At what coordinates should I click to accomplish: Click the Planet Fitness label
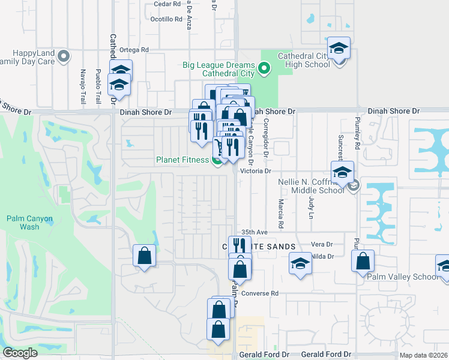click(x=182, y=160)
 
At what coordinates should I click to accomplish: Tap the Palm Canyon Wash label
click(x=29, y=223)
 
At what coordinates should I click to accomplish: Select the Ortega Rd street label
click(x=133, y=50)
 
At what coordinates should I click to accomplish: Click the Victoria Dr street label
click(x=256, y=171)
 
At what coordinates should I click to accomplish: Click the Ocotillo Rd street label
click(x=166, y=19)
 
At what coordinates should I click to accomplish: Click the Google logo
click(x=20, y=353)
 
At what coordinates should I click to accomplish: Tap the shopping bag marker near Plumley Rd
click(x=363, y=262)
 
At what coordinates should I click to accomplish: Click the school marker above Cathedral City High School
click(x=339, y=49)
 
